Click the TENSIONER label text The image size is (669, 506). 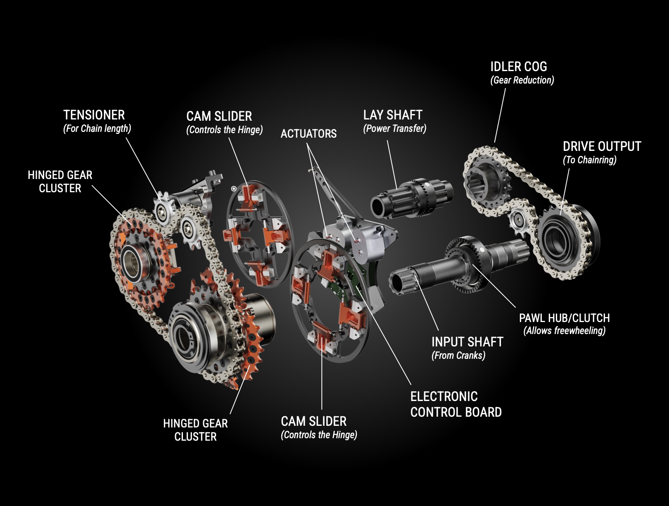click(x=94, y=115)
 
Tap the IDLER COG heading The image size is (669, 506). click(x=518, y=67)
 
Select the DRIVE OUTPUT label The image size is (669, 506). click(x=602, y=146)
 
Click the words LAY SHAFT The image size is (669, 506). click(x=392, y=115)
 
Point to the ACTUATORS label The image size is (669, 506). click(x=308, y=134)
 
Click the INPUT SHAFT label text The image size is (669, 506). click(x=467, y=342)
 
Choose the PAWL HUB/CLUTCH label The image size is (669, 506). click(x=564, y=318)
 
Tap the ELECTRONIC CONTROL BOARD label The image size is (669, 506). click(x=455, y=404)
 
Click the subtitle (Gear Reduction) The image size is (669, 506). click(x=522, y=80)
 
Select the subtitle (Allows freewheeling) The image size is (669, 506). click(x=564, y=331)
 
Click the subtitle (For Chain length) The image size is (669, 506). click(x=97, y=129)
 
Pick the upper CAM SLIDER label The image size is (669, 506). click(x=219, y=116)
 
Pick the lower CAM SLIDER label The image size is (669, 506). click(x=313, y=421)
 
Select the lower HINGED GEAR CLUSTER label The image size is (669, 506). click(x=195, y=430)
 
